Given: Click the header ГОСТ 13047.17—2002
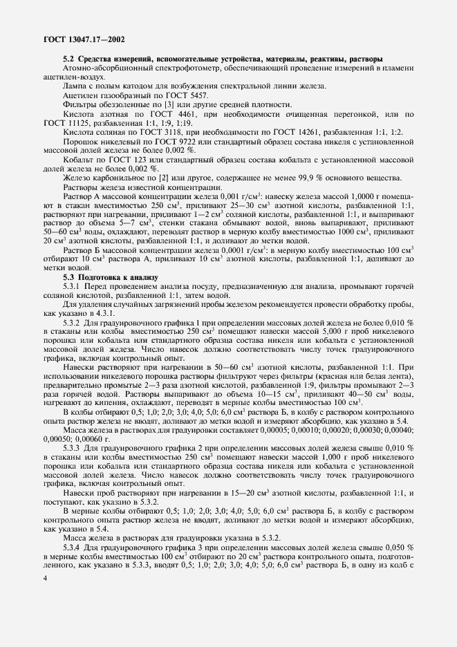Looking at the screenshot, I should pyautogui.click(x=77, y=39).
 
